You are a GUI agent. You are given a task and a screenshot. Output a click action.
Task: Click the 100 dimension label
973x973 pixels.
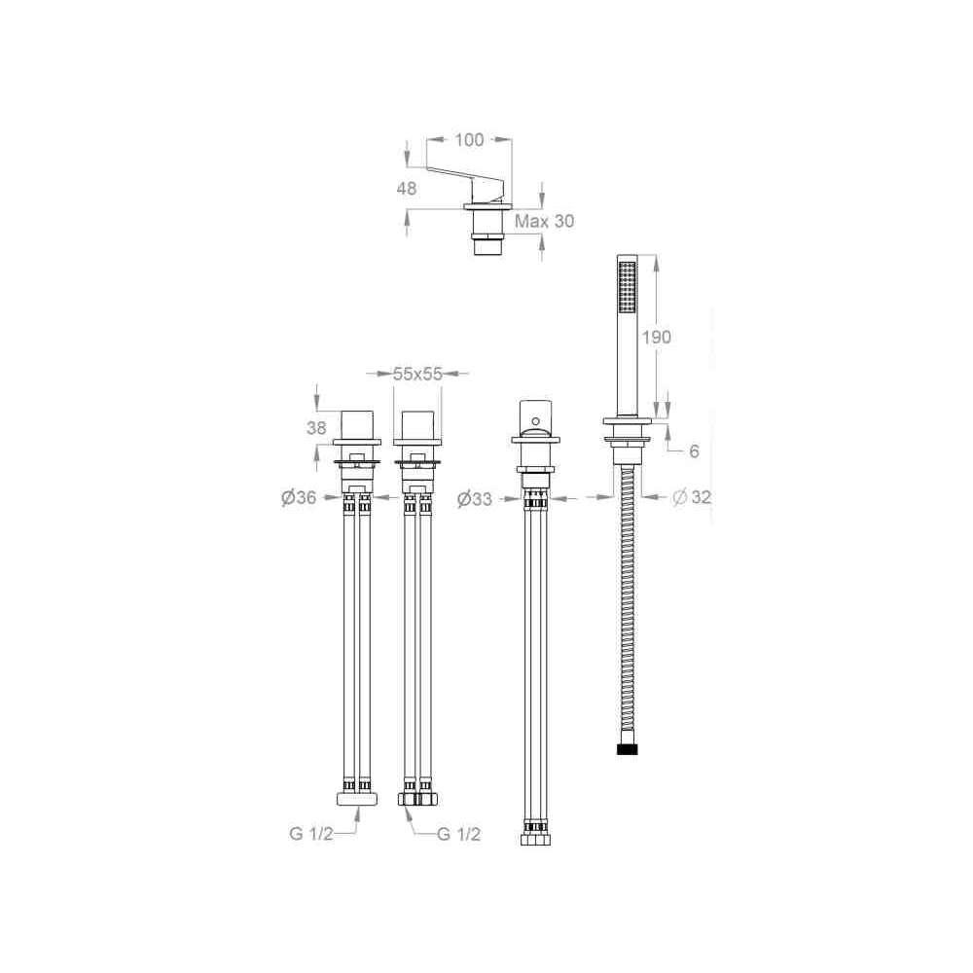point(469,139)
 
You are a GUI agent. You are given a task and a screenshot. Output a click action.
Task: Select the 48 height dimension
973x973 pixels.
point(407,188)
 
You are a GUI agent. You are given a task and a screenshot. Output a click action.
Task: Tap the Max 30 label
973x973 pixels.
point(544,221)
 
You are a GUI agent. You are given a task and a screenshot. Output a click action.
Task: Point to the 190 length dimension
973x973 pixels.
point(657,337)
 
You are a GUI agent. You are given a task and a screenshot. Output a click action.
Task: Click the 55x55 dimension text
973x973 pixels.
point(417,374)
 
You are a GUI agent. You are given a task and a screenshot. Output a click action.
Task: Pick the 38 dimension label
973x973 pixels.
point(316,427)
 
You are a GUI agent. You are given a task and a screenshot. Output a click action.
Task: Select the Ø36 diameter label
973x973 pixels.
point(299,497)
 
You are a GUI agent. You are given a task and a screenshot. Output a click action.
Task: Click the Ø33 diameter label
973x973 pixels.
point(475,498)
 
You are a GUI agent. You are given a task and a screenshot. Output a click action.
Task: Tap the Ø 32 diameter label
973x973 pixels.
point(692,496)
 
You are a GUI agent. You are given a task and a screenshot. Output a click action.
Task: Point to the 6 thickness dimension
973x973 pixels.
point(694,451)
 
